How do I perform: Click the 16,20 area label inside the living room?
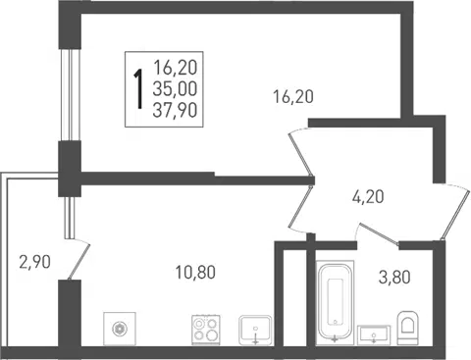tap(293, 97)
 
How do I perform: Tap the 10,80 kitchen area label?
tap(195, 273)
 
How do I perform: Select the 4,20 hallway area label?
tap(368, 197)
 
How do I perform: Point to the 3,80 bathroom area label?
tap(394, 278)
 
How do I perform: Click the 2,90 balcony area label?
tap(34, 262)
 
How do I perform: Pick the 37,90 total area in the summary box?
tap(175, 110)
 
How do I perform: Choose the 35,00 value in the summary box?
tap(175, 89)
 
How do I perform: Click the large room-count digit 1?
tap(138, 89)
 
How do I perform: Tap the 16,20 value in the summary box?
tap(175, 68)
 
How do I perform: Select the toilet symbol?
tap(408, 328)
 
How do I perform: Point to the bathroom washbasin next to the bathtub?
tap(374, 335)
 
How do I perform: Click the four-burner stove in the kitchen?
tap(206, 330)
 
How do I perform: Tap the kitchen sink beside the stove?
tap(255, 330)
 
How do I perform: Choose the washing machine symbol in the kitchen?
tap(120, 329)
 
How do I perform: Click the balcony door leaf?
tap(78, 262)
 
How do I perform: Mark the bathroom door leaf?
tap(380, 234)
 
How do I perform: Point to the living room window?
tap(71, 95)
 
